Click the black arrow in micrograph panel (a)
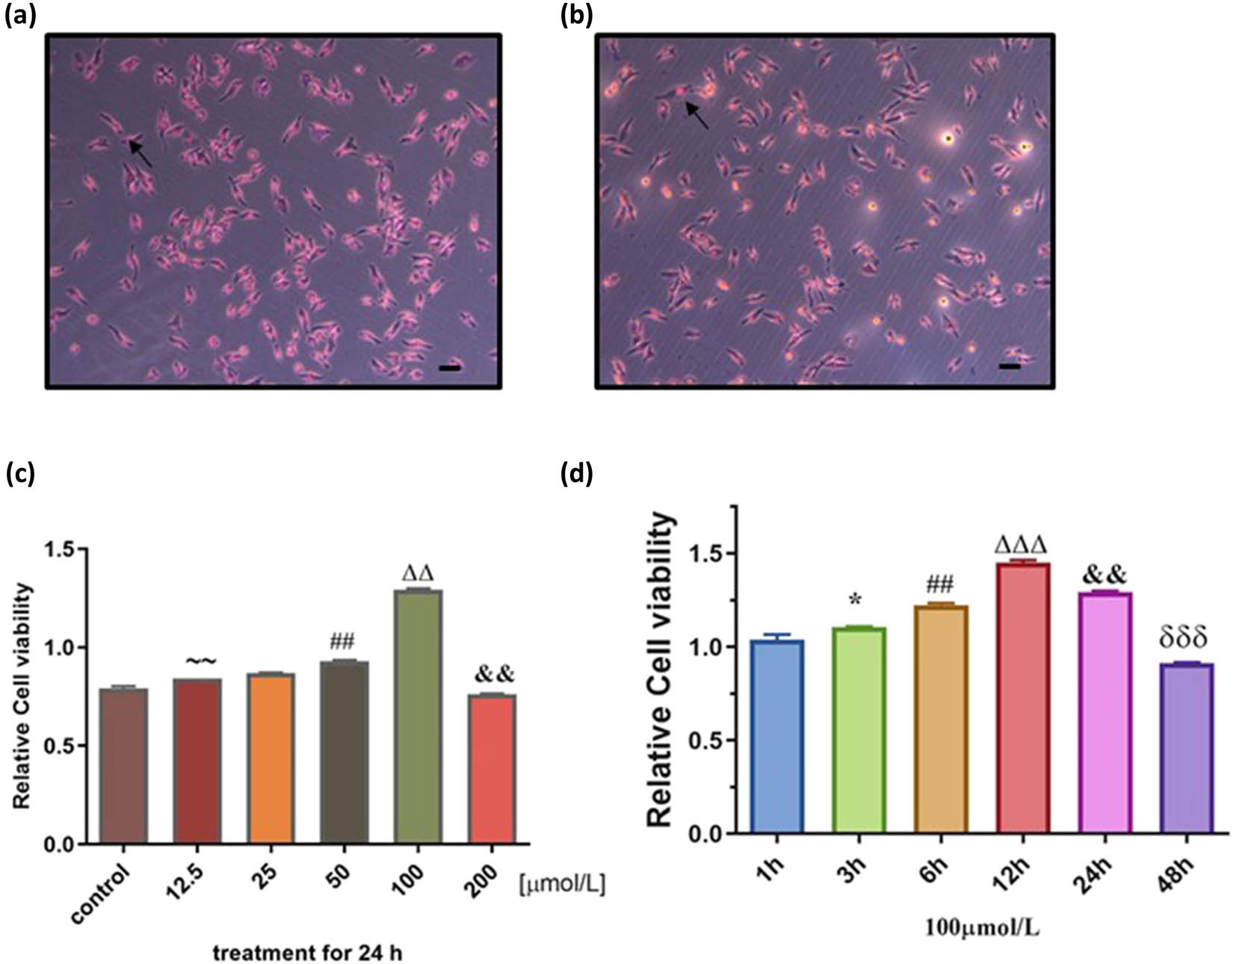coord(141,154)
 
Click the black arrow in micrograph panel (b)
coord(697,115)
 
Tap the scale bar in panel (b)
coord(1009,367)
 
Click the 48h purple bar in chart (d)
coord(1187,747)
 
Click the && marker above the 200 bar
coord(494,675)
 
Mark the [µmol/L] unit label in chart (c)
coord(561,885)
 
